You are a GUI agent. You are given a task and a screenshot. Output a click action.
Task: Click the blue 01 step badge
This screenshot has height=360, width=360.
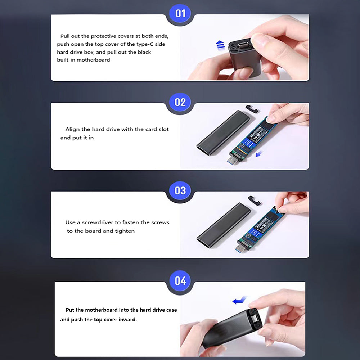(x=180, y=13)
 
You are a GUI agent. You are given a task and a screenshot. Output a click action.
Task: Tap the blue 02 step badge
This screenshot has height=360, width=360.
(x=180, y=102)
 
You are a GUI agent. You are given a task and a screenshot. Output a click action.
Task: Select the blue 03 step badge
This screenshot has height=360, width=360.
(x=180, y=190)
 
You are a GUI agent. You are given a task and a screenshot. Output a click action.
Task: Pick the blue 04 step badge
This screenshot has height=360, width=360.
(x=180, y=280)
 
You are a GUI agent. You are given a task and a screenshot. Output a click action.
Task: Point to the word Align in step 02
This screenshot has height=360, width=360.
(x=72, y=129)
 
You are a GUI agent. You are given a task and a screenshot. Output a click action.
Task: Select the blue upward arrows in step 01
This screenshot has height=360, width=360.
(x=220, y=45)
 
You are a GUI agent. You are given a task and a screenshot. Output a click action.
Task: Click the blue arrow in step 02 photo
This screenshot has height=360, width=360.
(x=259, y=154)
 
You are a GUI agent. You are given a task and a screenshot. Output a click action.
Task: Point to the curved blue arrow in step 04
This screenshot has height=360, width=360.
(x=239, y=300)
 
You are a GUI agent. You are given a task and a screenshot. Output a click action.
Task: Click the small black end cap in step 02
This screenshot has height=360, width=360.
(x=252, y=109)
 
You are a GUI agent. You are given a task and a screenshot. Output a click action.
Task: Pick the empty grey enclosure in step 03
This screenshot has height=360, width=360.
(x=224, y=225)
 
